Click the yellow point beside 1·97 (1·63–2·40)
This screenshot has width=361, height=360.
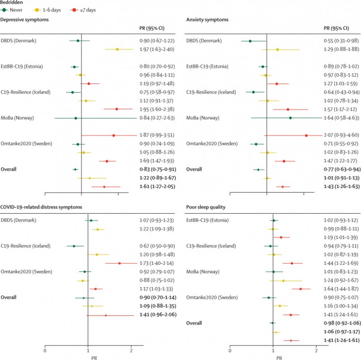(117, 49)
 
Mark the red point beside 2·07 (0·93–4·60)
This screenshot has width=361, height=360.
(306, 135)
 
